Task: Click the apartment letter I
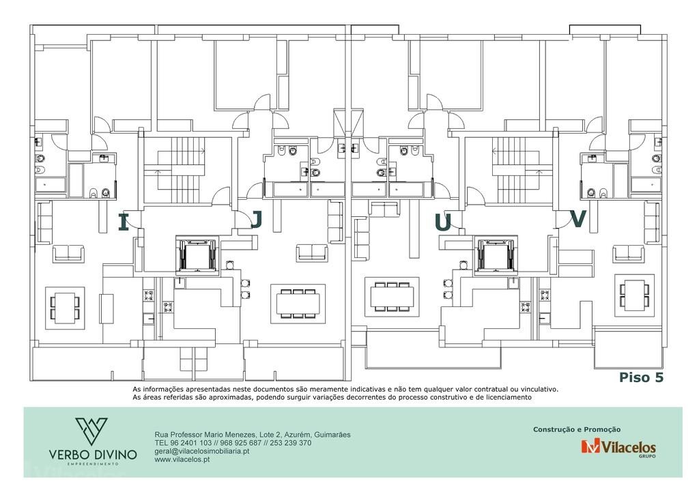point(124,222)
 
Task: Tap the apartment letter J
point(257,219)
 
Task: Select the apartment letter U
point(442,222)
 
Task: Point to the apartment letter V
point(578,219)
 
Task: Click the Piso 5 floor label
point(641,377)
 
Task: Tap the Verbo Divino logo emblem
point(91,431)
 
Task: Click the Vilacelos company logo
point(618,447)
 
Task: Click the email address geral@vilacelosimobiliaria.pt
point(202,451)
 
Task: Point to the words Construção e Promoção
point(577,429)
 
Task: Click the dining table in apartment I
point(65,308)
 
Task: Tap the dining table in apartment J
point(298,303)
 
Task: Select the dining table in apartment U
point(393,297)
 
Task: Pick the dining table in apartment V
point(634,295)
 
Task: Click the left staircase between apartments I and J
point(180,170)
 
